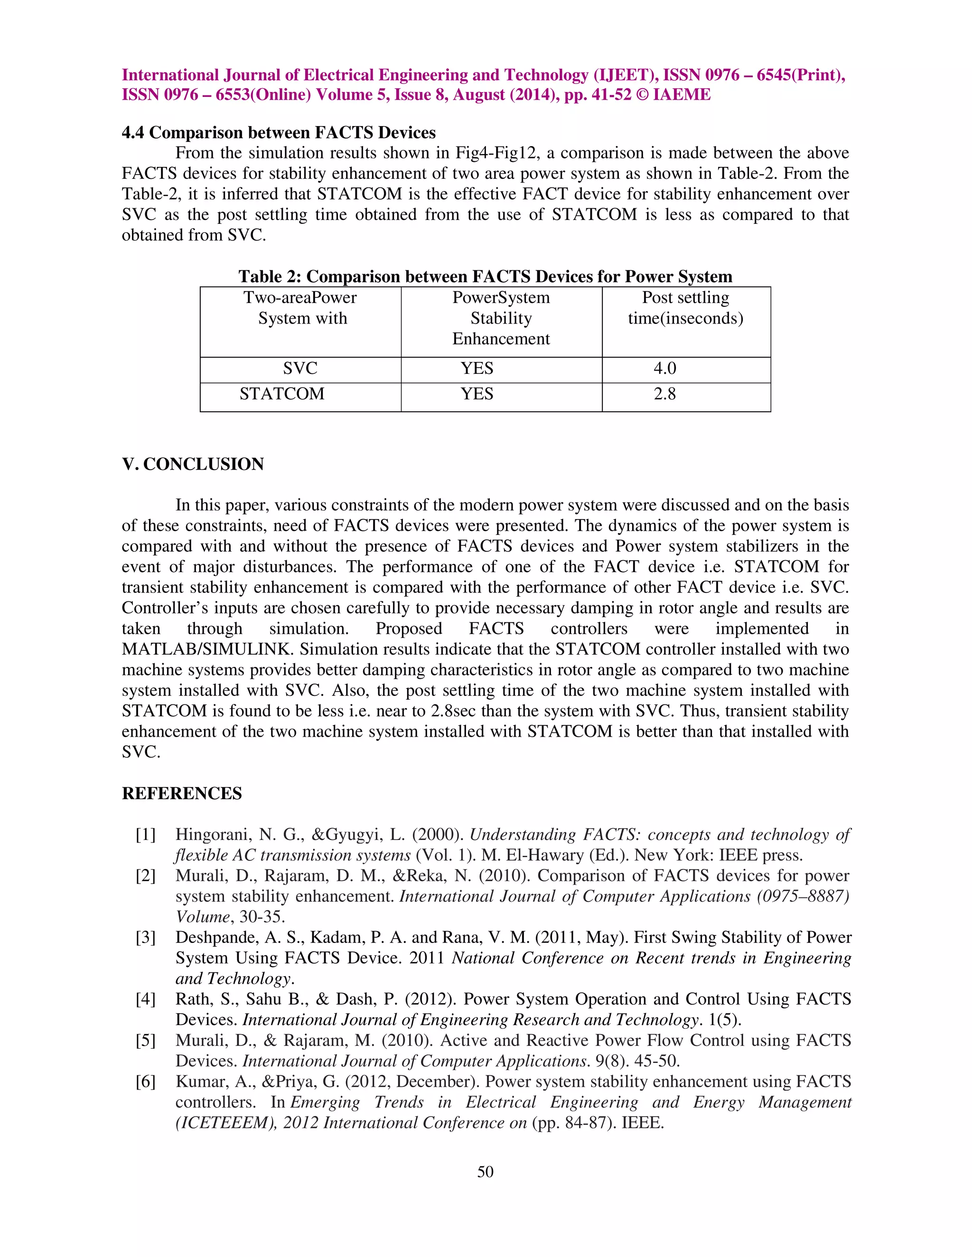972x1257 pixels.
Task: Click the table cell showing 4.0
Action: tap(664, 369)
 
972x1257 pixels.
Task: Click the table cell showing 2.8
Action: tap(664, 394)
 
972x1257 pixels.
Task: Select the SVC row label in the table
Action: tap(300, 369)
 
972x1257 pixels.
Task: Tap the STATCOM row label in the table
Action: tap(282, 394)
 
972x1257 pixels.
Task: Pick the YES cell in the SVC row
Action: tap(477, 369)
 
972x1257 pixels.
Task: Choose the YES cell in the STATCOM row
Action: tap(477, 394)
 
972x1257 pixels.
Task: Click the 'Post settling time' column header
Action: tap(685, 308)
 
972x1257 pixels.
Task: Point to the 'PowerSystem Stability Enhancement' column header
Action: tap(501, 318)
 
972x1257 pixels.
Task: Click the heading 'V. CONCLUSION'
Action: tap(193, 464)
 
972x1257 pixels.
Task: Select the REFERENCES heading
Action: tap(182, 794)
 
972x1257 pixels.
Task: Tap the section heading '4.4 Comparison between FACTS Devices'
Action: tap(279, 133)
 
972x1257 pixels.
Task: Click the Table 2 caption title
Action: tap(486, 277)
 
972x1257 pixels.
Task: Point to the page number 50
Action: tap(486, 1172)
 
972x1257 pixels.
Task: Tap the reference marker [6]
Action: tap(146, 1082)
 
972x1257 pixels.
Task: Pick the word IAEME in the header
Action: tap(682, 95)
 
